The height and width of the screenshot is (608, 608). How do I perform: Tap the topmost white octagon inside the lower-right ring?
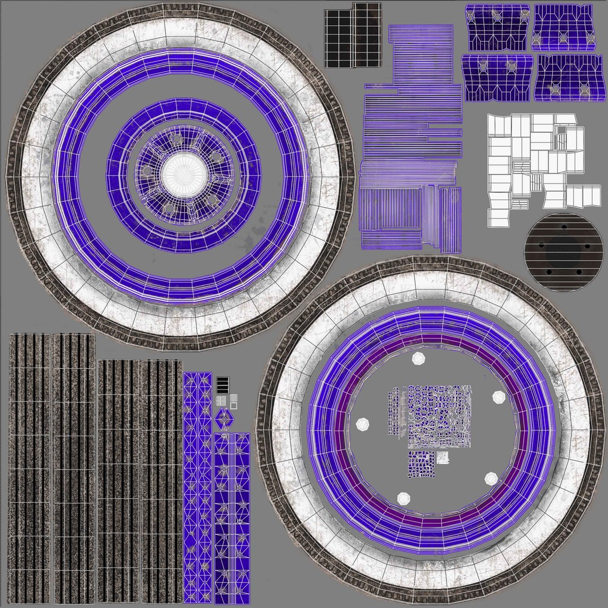point(418,359)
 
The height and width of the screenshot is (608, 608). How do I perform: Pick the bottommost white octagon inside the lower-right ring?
point(404,499)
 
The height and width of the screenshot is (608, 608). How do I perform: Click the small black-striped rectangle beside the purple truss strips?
point(223,385)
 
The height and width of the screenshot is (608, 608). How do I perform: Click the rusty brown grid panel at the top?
point(366,35)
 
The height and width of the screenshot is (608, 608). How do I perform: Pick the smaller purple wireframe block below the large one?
point(422,465)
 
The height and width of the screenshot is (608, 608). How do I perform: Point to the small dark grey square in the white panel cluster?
point(562,131)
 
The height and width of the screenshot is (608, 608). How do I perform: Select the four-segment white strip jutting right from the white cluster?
point(583,195)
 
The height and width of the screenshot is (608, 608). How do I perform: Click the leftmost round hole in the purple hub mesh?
point(147,171)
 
